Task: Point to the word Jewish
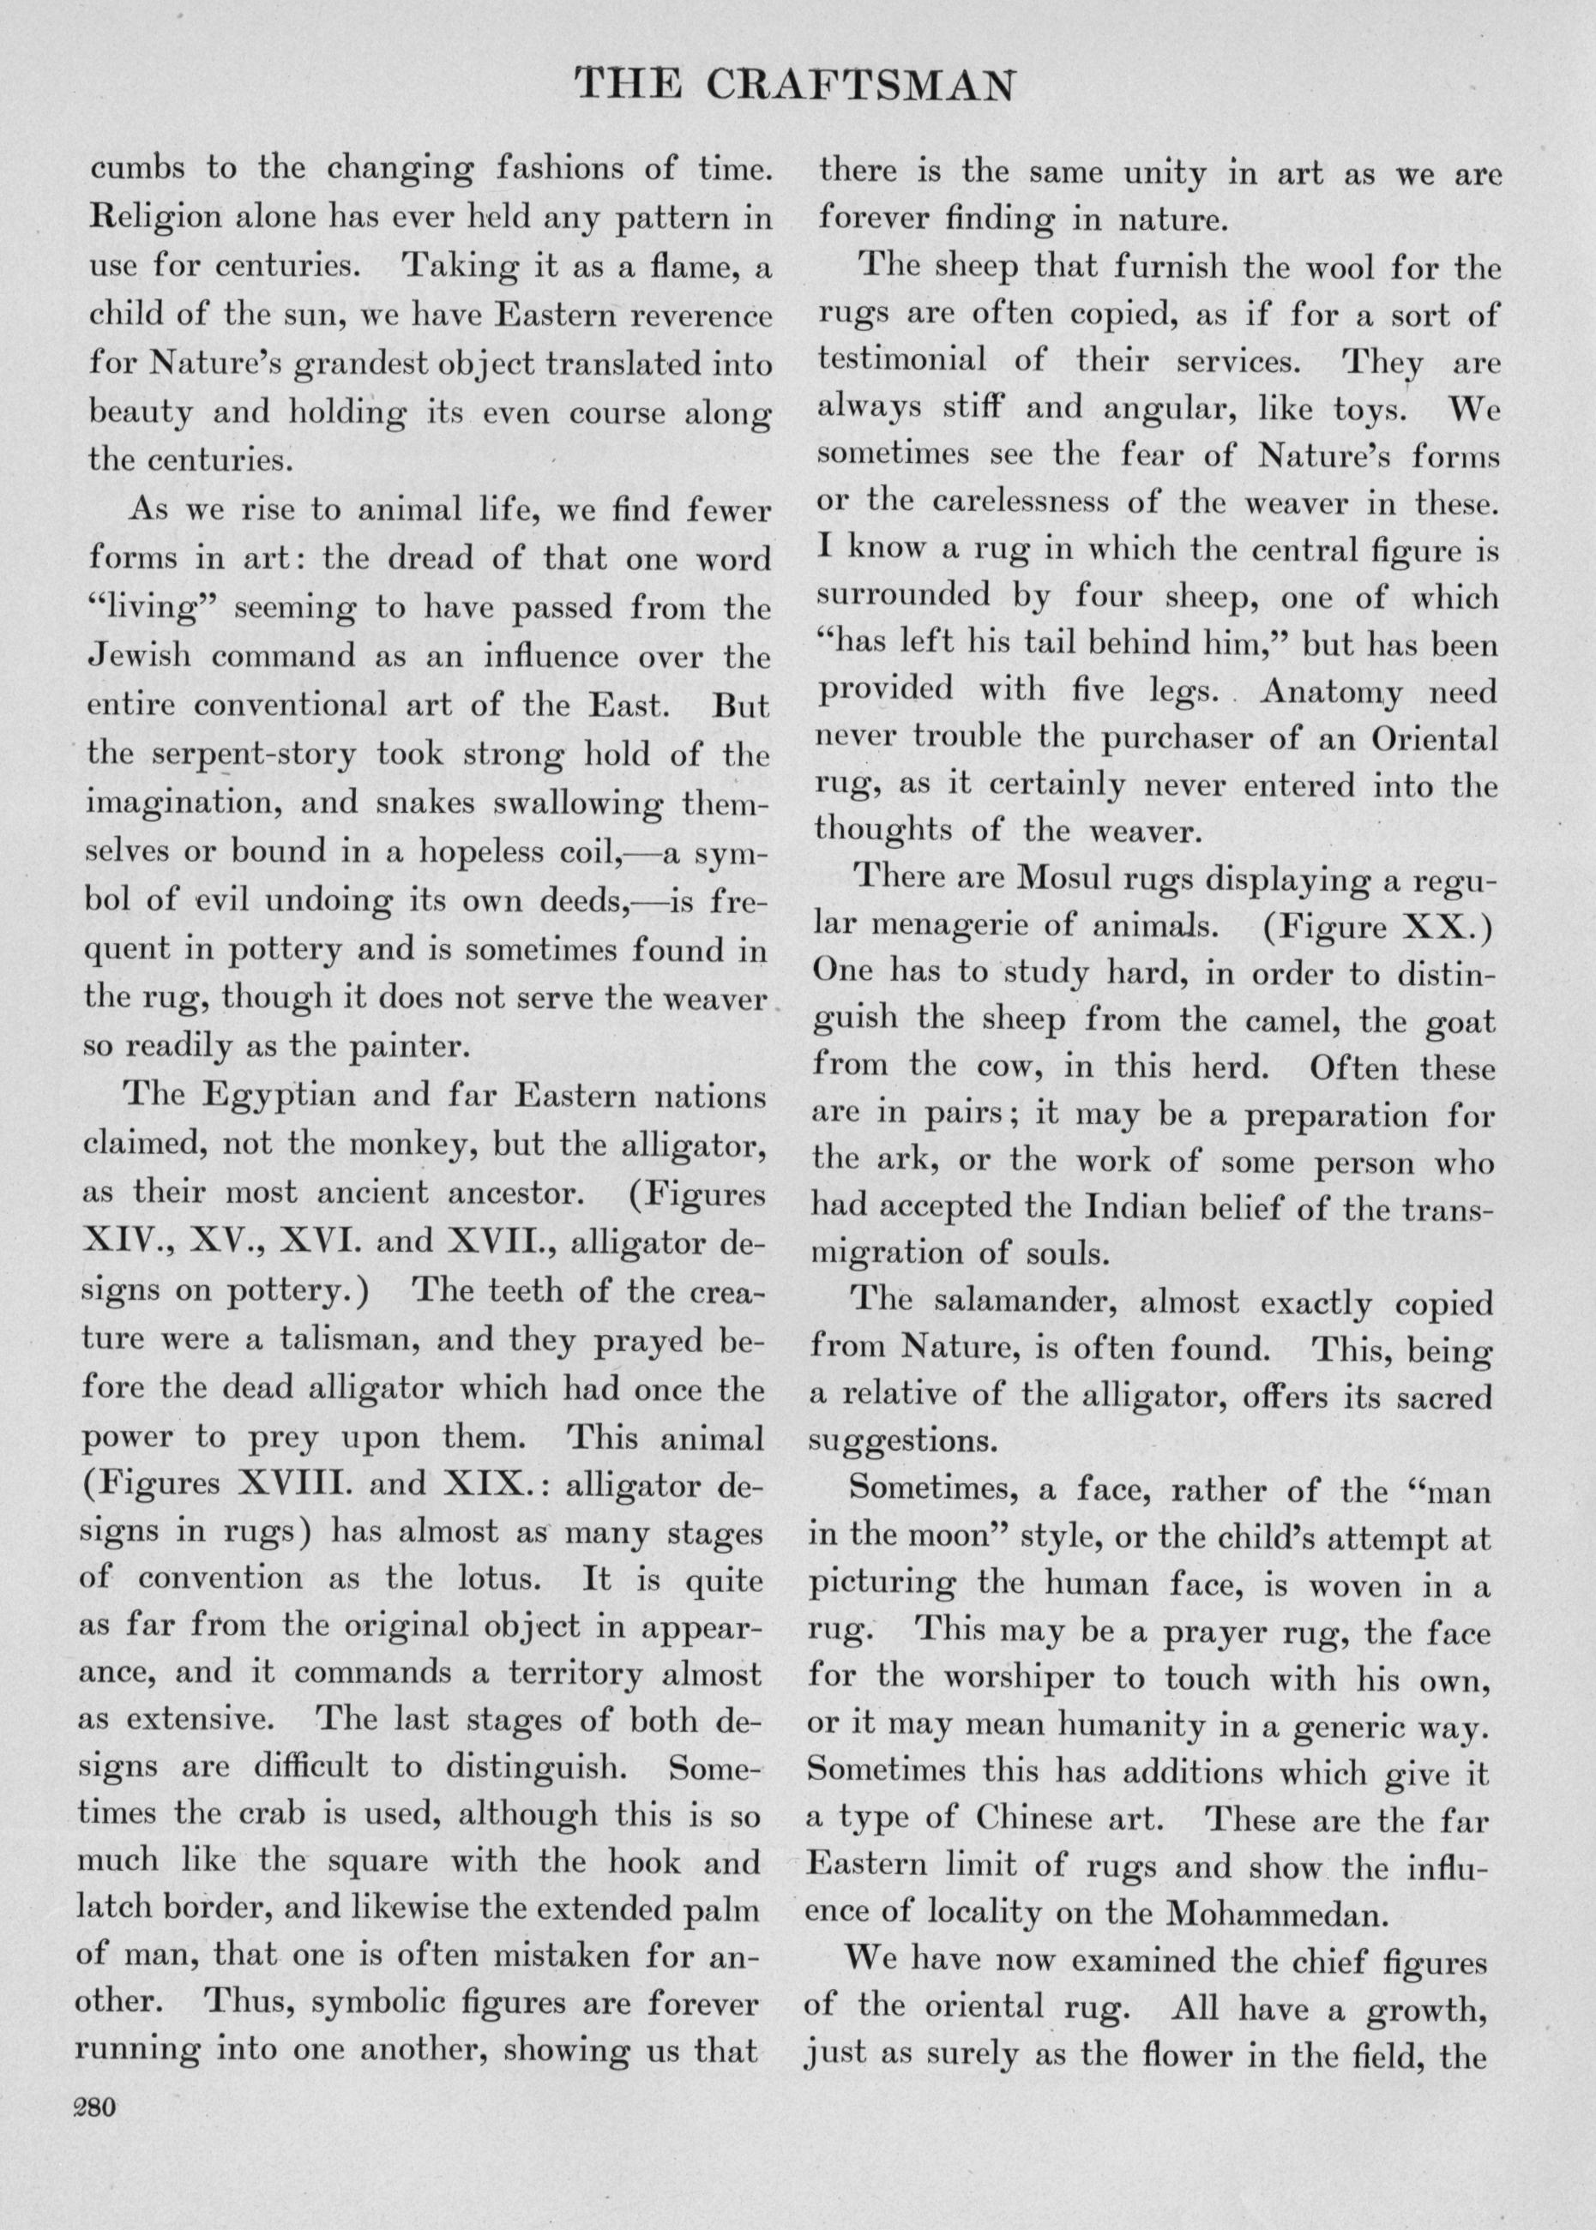pos(136,656)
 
